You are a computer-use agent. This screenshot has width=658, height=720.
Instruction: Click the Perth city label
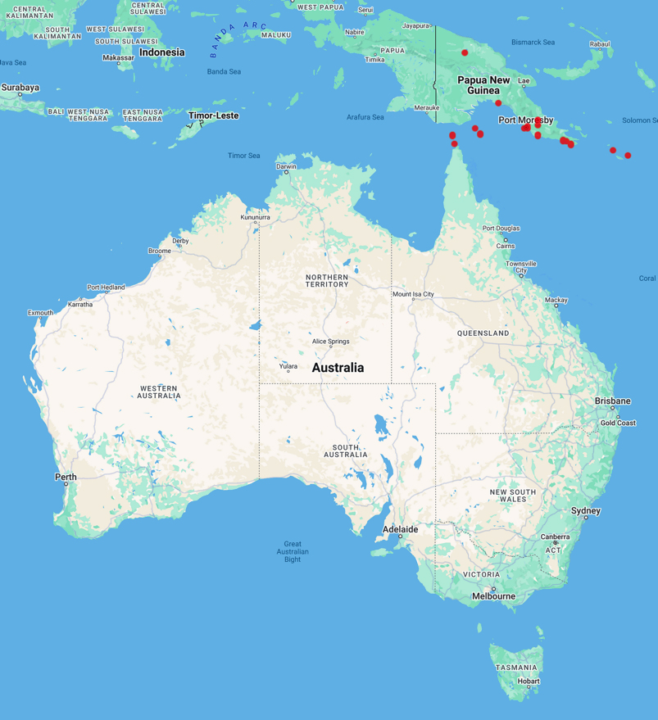pos(66,477)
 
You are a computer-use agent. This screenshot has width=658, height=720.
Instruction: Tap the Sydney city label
pos(586,511)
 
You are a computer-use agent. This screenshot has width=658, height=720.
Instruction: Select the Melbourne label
pos(493,596)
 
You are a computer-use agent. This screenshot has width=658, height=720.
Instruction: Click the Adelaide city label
pos(401,529)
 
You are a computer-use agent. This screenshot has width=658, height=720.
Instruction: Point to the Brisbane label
pos(613,401)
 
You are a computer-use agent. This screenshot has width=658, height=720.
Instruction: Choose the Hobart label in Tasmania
pos(529,681)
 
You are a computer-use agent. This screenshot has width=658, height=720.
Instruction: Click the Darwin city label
pos(286,166)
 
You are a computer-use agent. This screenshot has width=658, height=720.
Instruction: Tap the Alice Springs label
pos(330,342)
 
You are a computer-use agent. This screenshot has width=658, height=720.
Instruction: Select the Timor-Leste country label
pos(213,115)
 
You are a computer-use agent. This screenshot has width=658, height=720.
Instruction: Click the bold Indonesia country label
pos(161,52)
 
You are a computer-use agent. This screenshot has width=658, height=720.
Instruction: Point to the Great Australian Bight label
pos(293,551)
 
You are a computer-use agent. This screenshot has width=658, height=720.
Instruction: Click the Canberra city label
pos(555,537)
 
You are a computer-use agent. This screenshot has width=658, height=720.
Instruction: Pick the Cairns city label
pos(505,246)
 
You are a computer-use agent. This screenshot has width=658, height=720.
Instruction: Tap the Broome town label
pos(160,251)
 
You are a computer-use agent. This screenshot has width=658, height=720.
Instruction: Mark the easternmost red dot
pos(628,155)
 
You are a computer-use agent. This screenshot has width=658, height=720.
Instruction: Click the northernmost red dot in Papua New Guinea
pos(465,52)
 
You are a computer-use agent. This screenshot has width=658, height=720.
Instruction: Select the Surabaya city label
pos(20,87)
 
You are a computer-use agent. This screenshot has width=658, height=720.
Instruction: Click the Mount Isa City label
pos(413,294)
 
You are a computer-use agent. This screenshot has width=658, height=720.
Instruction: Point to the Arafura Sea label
pos(365,117)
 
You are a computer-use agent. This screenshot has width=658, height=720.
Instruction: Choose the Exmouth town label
pos(40,312)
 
